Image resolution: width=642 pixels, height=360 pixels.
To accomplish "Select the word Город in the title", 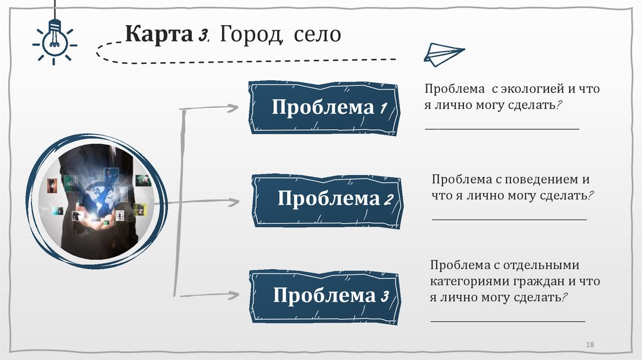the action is (250, 34).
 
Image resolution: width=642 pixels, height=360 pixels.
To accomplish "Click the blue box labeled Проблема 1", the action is (324, 107).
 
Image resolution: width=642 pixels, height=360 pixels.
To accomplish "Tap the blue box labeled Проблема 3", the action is (324, 295).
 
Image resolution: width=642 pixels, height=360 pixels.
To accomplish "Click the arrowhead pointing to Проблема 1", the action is (233, 108).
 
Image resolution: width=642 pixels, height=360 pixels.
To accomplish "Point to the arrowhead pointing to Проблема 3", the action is (233, 294).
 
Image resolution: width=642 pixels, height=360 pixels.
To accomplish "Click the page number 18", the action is (589, 345).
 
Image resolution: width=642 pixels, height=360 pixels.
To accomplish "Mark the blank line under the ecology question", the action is (502, 129).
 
